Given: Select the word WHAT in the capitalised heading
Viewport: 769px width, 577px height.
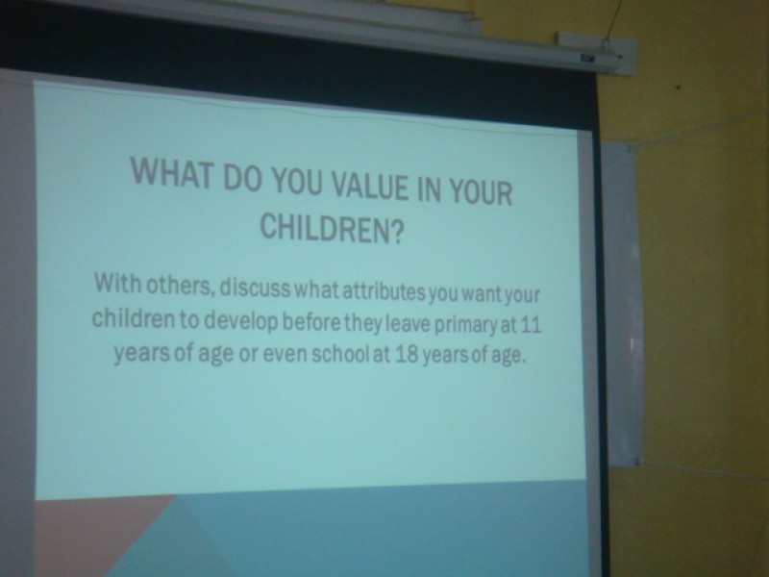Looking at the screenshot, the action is [x=173, y=173].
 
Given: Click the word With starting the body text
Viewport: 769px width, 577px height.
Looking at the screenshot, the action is [x=117, y=282].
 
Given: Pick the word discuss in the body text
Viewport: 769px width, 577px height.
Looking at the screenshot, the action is [x=255, y=288].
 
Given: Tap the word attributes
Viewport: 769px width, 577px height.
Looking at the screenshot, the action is [x=384, y=292].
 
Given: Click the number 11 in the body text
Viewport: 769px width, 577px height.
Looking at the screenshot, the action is [x=531, y=325].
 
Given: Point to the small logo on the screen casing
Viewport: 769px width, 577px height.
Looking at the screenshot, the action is [x=586, y=58].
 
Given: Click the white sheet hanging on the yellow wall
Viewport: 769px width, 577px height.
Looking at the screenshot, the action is [x=622, y=304].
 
